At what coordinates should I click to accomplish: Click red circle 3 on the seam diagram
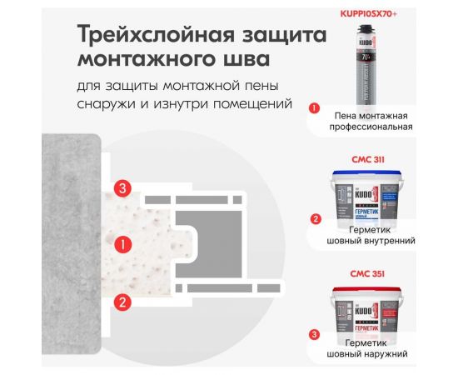[122, 187]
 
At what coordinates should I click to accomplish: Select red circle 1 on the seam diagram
[122, 244]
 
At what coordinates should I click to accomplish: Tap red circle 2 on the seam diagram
[122, 302]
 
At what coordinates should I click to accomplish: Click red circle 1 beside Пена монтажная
[314, 107]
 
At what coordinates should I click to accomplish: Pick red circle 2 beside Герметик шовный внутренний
[314, 221]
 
